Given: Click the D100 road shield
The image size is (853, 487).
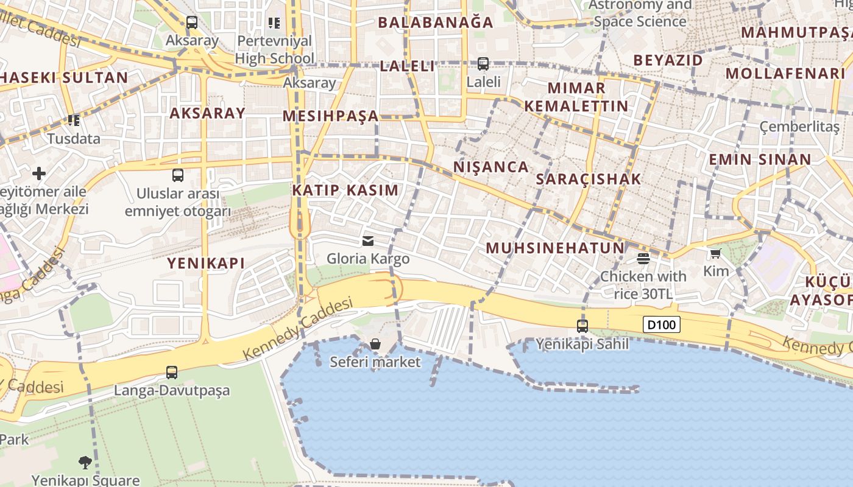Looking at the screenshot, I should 661,324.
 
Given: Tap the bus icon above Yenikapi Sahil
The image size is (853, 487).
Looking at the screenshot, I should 582,326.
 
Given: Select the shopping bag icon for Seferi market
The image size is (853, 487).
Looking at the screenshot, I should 375,345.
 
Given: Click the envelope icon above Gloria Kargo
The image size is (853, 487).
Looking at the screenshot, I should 368,241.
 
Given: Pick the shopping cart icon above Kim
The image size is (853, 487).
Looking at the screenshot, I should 715,253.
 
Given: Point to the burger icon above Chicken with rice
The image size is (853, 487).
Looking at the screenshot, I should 643,259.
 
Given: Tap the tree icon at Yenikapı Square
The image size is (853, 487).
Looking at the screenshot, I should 85,463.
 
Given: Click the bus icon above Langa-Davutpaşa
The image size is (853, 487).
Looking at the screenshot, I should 172,372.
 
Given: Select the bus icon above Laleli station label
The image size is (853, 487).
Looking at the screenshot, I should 483,63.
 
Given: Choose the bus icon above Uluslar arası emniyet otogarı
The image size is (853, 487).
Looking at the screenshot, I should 178,175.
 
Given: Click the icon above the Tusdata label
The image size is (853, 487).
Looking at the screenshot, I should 74,121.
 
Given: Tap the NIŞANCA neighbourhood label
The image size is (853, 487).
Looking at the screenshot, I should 491,167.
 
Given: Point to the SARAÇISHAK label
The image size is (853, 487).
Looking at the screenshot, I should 589,179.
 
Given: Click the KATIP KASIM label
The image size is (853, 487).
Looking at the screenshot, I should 345,190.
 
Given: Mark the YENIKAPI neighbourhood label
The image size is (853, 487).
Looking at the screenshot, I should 206,264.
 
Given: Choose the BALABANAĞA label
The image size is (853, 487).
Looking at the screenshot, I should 436,23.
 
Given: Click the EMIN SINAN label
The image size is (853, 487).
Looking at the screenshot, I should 759,160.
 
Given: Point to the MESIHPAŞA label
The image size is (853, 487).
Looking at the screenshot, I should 331,116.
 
